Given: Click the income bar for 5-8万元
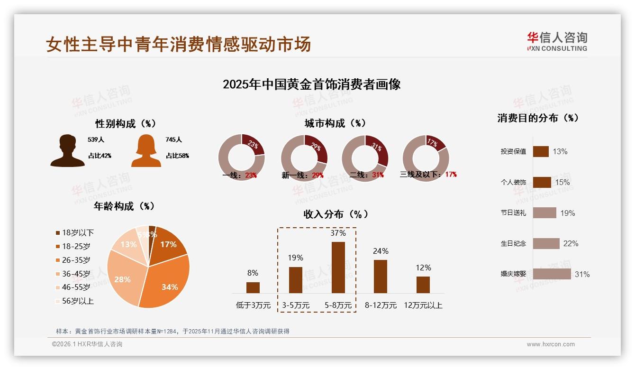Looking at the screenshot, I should coord(338,268).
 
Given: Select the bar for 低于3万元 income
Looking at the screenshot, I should coord(253,287).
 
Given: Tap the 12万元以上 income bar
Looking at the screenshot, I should coord(423,285).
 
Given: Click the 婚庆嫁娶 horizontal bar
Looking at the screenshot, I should coord(552,274).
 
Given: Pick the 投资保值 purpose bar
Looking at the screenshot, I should coord(541,151).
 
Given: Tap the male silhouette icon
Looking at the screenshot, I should coord(67,151).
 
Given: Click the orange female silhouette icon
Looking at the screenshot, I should coord(146,151).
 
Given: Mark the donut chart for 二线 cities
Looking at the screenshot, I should coord(365,158).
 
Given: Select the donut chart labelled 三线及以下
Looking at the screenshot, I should coord(426,158).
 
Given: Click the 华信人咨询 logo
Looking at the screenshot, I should coord(557,42).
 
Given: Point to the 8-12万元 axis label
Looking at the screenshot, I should coord(381,305).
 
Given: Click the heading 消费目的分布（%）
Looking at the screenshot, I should coord(538,118).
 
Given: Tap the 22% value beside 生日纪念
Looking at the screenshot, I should coord(571,243).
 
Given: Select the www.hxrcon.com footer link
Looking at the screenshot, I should coord(551,344).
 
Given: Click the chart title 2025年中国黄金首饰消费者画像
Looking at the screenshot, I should coord(311,84).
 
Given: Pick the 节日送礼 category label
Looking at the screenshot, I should coord(513,213).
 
